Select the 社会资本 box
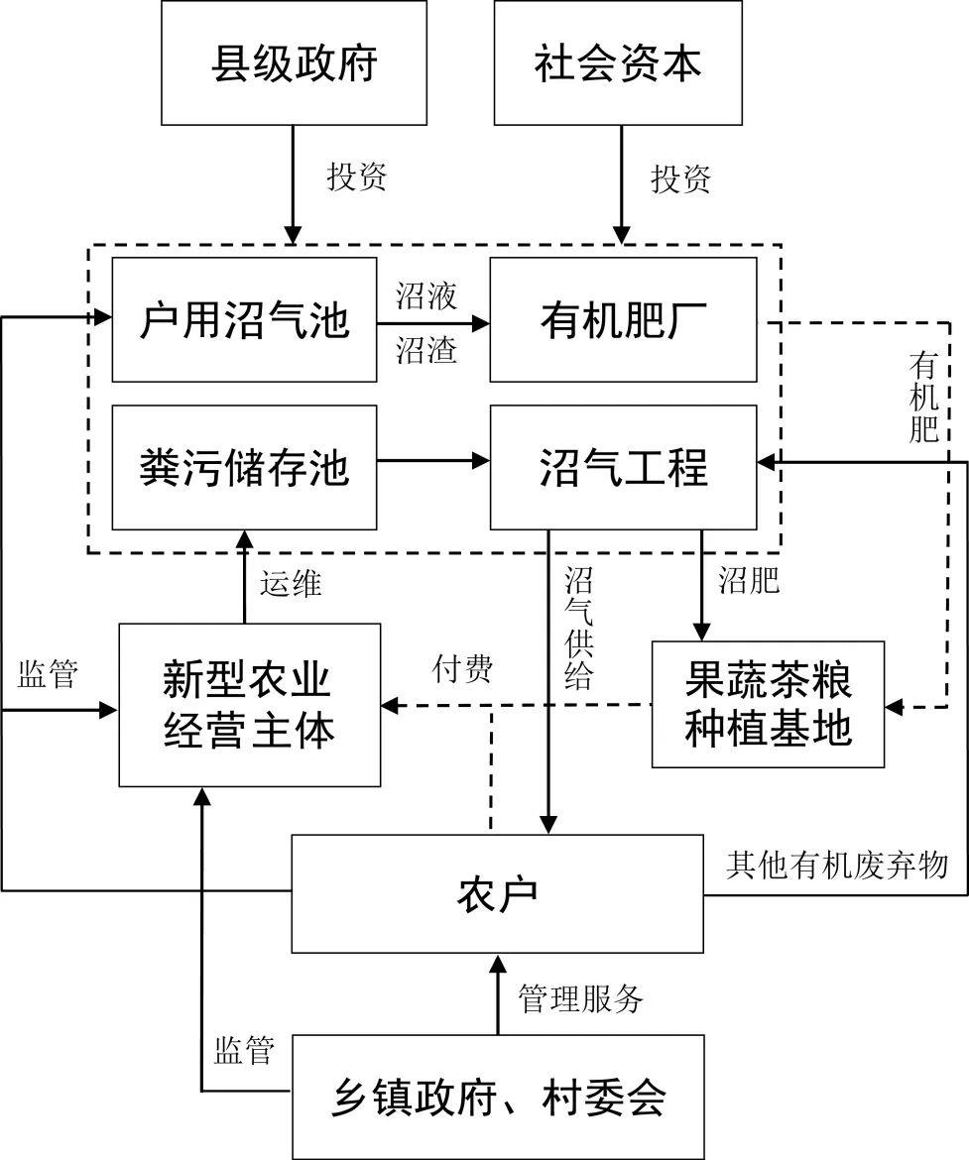pos(618,63)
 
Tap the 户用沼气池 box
pos(244,320)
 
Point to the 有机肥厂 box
pos(623,320)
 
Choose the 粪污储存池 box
pos(244,467)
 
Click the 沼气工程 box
pos(623,467)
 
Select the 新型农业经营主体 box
pos(249,705)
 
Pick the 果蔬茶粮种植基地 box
pos(768,705)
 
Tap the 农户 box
pos(497,893)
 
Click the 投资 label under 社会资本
pos(680,178)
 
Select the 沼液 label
pos(426,296)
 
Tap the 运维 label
pos(291,584)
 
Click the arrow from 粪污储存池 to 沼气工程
pos(433,460)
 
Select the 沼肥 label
pos(749,580)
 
